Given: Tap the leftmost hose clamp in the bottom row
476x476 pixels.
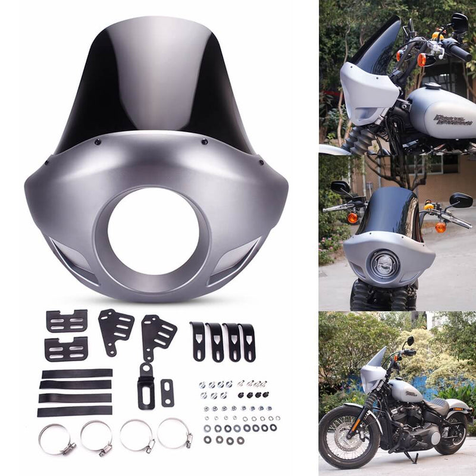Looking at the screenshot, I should [56, 439].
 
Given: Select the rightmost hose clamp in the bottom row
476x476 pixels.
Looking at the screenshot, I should [175, 433].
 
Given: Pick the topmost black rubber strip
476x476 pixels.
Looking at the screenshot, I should [77, 374].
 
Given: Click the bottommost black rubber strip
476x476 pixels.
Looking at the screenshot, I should [75, 411].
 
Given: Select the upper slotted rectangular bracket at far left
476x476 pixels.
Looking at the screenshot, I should [67, 321].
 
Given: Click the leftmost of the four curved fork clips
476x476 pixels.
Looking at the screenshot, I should [198, 341].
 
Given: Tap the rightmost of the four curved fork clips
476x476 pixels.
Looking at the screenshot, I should [247, 342].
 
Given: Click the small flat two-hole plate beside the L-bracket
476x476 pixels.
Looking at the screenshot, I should [167, 393].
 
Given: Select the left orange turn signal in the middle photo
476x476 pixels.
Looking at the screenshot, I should [353, 218].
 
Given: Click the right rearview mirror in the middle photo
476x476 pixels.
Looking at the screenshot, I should [461, 200].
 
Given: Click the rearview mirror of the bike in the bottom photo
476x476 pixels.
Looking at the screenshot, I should [409, 342].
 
